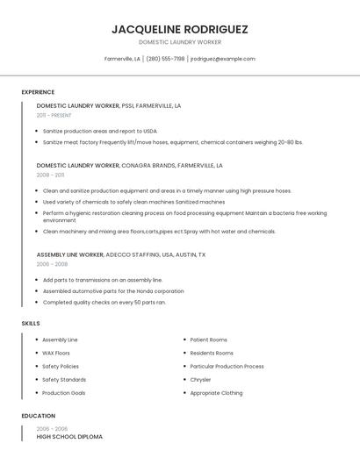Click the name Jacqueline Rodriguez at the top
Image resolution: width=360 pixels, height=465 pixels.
[x=180, y=29]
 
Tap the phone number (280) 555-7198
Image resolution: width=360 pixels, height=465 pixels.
[x=165, y=59]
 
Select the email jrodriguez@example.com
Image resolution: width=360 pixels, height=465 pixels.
[x=223, y=59]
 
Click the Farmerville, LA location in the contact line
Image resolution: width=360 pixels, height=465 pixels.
[x=122, y=59]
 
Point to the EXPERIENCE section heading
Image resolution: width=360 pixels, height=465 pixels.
[x=38, y=92]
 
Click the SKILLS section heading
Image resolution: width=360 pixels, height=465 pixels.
[x=31, y=323]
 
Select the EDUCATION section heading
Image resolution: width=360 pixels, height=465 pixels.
[x=38, y=416]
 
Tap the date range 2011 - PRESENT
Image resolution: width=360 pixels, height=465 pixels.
[x=54, y=115]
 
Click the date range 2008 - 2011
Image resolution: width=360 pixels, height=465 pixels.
[x=50, y=175]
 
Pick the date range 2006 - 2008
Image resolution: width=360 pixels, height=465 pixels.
[x=52, y=264]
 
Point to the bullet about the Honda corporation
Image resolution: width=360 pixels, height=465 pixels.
[x=113, y=291]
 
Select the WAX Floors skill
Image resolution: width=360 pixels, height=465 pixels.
[x=56, y=353]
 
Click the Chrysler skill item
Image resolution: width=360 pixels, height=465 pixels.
[x=200, y=380]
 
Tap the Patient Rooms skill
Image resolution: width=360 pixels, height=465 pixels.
[x=208, y=340]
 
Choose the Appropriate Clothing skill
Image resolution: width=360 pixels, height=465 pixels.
[x=216, y=393]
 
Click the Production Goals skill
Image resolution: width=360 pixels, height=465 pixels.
[x=63, y=393]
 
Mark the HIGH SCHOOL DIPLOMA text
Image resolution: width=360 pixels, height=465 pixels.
[x=69, y=436]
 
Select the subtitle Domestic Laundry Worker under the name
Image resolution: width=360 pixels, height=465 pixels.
[x=180, y=42]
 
